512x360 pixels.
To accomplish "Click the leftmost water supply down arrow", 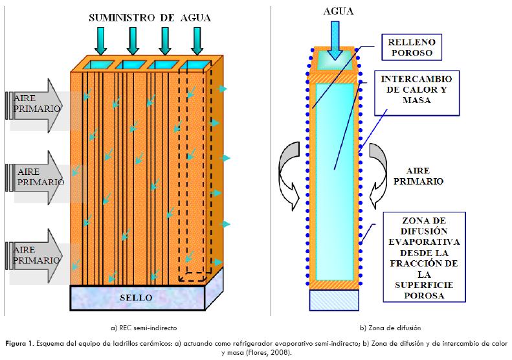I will pyautogui.click(x=101, y=42).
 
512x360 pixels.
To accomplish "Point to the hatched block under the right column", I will pyautogui.click(x=335, y=300).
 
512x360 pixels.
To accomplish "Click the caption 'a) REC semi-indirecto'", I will pyautogui.click(x=143, y=328).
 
